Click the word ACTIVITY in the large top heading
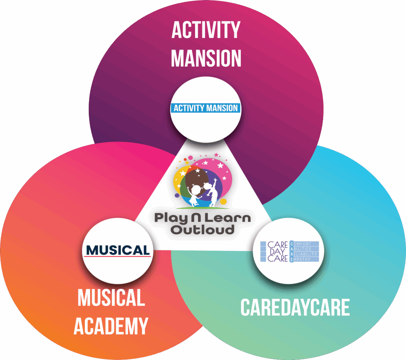[206, 31]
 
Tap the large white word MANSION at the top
[206, 58]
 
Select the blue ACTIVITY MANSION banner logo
[205, 108]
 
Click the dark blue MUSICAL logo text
[118, 250]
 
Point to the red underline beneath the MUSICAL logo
[118, 256]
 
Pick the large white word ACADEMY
[111, 326]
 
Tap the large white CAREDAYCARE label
[295, 308]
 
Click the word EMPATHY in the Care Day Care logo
[304, 259]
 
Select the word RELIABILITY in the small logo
[305, 254]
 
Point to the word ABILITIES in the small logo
[304, 248]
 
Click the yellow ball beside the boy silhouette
[224, 202]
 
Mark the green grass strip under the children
[200, 208]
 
